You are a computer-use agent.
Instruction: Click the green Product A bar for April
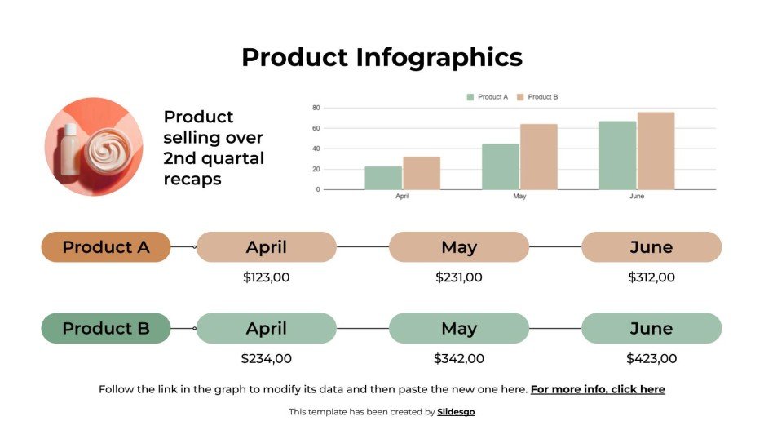coord(383,178)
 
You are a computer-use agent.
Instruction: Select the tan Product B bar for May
coord(538,157)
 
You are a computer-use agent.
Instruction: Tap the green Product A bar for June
coord(617,155)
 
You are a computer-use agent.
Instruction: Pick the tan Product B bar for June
coord(656,151)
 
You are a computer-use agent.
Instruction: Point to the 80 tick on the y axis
coord(316,108)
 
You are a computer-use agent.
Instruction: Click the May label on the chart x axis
coord(519,197)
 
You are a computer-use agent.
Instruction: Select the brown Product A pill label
coord(106,247)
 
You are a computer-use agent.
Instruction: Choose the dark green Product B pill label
coord(106,329)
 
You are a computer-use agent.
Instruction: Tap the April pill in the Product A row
coord(267,247)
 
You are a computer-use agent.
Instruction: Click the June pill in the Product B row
coord(651,329)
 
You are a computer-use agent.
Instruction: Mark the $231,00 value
coord(459,277)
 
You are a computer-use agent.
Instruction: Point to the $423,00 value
coord(651,358)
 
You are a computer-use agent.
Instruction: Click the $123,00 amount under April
coord(267,277)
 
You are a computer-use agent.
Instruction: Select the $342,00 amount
coord(459,358)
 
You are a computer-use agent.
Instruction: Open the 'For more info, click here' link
coord(598,389)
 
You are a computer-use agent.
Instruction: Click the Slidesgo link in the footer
coord(456,412)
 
